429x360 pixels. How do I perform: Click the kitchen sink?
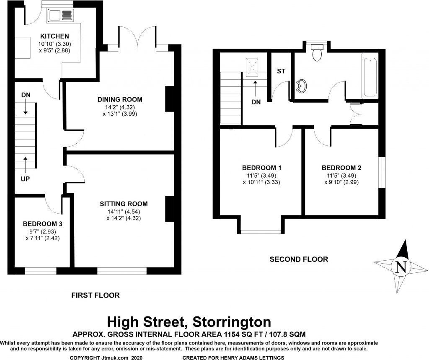61,16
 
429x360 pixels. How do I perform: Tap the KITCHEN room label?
54,36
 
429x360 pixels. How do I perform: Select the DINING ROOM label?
120,100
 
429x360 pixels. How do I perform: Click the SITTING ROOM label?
124,204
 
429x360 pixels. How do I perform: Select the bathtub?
370,78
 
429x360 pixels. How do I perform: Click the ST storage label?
281,71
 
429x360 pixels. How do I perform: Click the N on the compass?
401,267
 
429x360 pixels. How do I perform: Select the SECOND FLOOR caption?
299,259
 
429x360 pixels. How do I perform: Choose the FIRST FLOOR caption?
96,295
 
